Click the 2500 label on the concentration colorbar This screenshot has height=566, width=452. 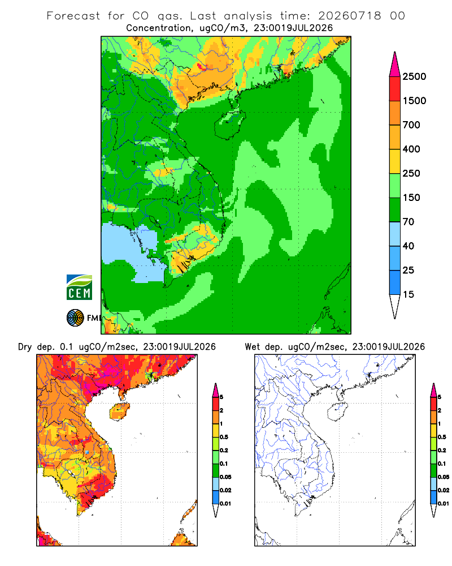414,76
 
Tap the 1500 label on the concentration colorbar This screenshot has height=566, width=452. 414,101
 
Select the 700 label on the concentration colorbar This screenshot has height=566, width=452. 411,125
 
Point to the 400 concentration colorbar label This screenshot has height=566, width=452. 411,149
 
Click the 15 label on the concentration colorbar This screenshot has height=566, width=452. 408,294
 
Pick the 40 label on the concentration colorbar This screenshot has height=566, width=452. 408,246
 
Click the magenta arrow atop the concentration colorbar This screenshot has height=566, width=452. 395,65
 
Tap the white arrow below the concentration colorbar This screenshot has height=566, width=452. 395,306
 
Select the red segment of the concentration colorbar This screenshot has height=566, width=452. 395,89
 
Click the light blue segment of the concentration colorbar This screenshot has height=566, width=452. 395,234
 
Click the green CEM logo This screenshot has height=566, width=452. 79,288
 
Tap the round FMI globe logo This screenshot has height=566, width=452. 75,318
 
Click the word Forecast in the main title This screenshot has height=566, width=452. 73,16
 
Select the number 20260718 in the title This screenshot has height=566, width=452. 349,16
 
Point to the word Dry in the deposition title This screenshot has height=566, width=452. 25,348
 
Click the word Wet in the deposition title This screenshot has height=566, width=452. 252,347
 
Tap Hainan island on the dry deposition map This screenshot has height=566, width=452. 120,411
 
